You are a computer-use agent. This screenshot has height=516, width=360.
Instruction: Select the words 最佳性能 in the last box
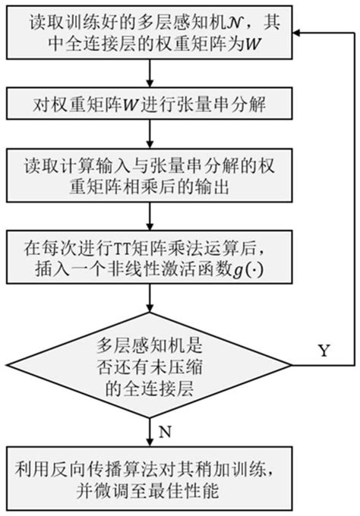point(190,492)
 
